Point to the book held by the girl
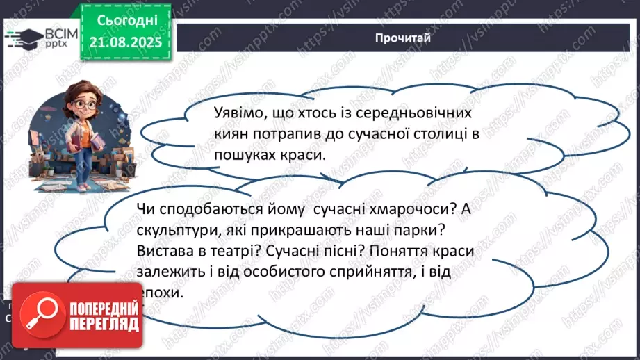(x=71, y=142)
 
